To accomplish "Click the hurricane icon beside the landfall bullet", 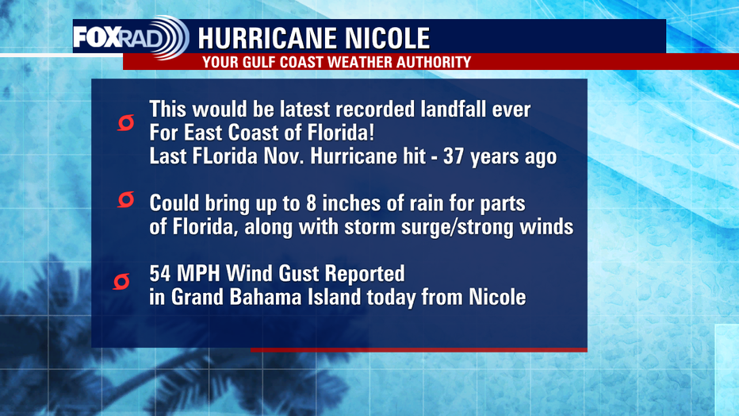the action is [126, 122].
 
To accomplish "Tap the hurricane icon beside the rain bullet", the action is [126, 199].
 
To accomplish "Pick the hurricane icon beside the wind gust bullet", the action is [121, 282].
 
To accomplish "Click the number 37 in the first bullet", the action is [454, 156].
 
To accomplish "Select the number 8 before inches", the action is [311, 204].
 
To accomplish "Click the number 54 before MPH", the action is [159, 274].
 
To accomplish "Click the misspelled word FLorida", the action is [225, 156].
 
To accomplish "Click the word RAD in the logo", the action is [142, 38].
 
